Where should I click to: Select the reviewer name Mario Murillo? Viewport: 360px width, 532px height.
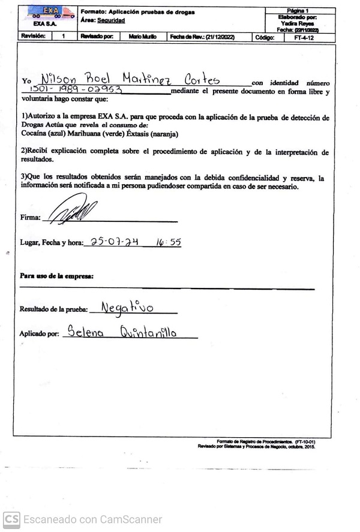point(142,37)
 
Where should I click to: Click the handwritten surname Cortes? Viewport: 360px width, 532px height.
point(202,79)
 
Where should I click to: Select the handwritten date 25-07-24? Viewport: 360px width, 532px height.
point(115,242)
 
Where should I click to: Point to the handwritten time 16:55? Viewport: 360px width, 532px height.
point(169,242)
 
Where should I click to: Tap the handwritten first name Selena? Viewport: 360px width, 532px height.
point(85,332)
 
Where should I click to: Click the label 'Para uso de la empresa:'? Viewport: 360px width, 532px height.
point(56,276)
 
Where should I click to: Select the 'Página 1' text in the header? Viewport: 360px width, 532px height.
point(298,11)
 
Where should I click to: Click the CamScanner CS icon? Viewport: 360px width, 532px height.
point(12,519)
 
